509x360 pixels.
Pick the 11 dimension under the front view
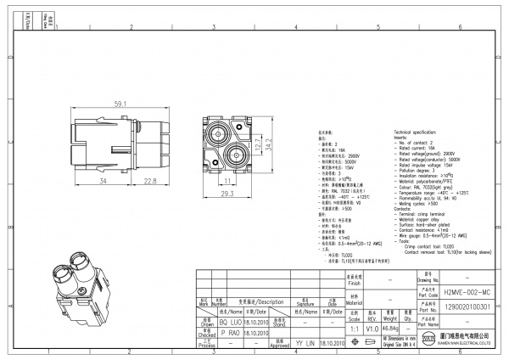pyautogui.click(x=228, y=180)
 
